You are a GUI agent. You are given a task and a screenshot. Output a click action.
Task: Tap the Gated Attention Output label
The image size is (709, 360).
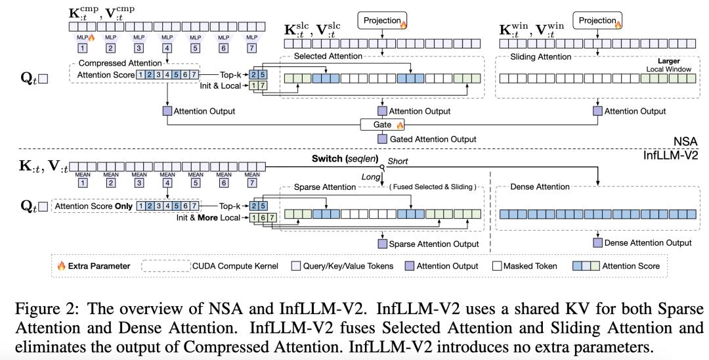433,139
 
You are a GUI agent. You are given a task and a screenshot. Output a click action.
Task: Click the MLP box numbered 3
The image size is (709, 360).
139,48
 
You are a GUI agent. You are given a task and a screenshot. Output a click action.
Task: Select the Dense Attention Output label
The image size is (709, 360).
647,243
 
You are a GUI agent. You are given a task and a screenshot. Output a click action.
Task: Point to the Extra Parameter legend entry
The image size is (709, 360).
93,266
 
